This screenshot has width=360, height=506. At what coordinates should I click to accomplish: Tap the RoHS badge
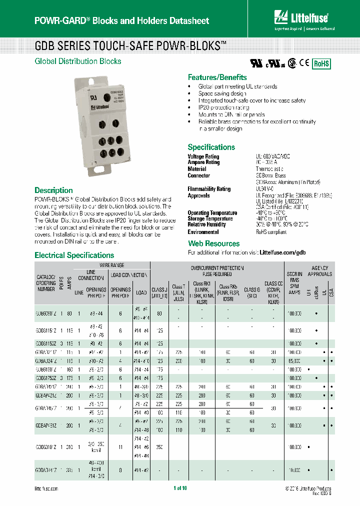tap(321, 64)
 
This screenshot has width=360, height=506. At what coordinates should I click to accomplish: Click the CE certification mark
tap(303, 64)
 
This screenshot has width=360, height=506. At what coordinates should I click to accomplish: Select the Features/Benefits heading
tap(217, 77)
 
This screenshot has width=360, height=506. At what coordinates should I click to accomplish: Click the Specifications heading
tap(211, 147)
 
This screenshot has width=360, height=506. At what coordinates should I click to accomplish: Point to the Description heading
tap(53, 190)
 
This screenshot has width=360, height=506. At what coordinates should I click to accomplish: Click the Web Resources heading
tap(213, 243)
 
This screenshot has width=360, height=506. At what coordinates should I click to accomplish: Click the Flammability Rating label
tap(209, 189)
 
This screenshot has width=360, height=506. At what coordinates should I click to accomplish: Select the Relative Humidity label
tap(206, 224)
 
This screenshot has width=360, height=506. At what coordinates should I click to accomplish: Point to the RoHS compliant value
tap(271, 232)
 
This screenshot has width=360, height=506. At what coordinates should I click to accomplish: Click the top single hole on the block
tap(107, 98)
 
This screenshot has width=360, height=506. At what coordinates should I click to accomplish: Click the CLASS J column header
tap(159, 292)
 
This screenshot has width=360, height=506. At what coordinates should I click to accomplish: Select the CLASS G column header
tap(252, 292)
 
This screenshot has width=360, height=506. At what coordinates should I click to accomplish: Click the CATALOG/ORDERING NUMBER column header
tap(46, 282)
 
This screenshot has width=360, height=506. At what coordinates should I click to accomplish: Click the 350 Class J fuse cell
tap(159, 446)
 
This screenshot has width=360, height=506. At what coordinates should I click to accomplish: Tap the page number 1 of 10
tap(179, 488)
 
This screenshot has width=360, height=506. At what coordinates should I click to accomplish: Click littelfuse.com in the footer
tap(46, 488)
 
